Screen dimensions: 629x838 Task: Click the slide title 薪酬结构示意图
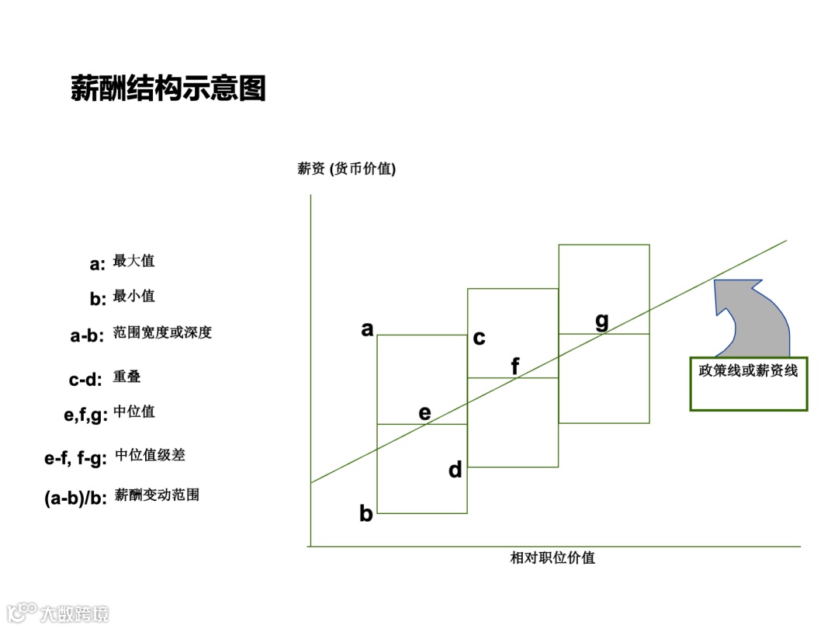pos(168,89)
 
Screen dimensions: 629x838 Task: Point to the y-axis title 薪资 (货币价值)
pos(346,169)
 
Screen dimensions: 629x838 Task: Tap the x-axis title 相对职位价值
pos(552,558)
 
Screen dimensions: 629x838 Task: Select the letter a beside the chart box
pos(367,329)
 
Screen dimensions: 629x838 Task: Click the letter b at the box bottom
pos(366,513)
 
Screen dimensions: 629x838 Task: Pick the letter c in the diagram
pos(480,338)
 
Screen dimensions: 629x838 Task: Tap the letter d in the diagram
pos(455,470)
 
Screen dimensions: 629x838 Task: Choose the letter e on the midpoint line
pos(424,413)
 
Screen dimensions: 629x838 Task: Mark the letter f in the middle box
pos(515,366)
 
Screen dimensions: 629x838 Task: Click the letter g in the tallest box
pos(602,321)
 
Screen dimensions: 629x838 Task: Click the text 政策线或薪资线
pos(748,371)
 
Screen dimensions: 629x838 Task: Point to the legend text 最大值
pos(133,261)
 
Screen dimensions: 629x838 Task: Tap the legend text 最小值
pos(133,296)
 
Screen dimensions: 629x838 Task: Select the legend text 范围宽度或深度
pos(162,332)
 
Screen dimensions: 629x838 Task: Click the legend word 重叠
pos(126,377)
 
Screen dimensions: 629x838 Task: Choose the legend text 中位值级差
pos(150,455)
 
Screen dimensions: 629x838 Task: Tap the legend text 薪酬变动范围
pos(157,495)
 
